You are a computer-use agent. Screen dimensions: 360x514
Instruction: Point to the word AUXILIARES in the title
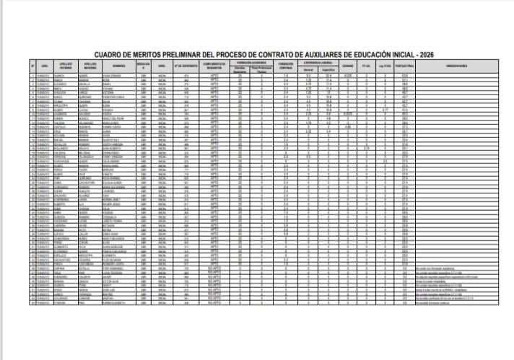point(339,55)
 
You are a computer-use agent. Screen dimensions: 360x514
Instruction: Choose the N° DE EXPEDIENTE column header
point(186,69)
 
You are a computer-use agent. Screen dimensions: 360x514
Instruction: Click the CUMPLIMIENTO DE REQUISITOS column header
point(213,69)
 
